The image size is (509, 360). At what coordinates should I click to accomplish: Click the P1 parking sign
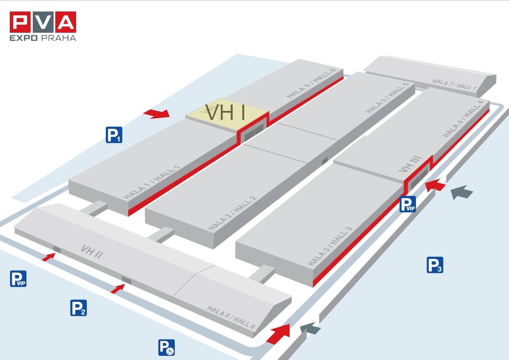pyautogui.click(x=114, y=135)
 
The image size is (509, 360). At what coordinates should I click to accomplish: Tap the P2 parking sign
pyautogui.click(x=79, y=308)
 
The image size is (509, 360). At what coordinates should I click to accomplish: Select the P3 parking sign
pyautogui.click(x=435, y=265)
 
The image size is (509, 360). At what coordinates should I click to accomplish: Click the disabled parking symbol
pyautogui.click(x=167, y=347)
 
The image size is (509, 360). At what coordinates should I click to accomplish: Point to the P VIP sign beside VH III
pyautogui.click(x=407, y=204)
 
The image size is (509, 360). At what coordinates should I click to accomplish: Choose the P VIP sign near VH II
pyautogui.click(x=18, y=278)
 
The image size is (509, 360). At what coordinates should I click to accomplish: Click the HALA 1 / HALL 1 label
pyautogui.click(x=151, y=182)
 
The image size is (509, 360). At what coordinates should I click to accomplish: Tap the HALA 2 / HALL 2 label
pyautogui.click(x=232, y=213)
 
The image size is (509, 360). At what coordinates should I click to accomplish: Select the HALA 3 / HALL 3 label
pyautogui.click(x=329, y=246)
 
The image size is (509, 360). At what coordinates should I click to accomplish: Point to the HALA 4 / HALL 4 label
pyautogui.click(x=463, y=119)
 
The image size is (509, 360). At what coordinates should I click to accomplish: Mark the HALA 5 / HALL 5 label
pyautogui.click(x=387, y=98)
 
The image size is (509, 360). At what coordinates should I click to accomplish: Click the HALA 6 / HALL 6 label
pyautogui.click(x=310, y=83)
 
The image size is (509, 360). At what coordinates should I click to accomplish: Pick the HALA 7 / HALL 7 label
pyautogui.click(x=455, y=84)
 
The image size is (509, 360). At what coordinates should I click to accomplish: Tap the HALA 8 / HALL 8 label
pyautogui.click(x=231, y=317)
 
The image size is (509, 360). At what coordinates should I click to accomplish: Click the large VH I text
pyautogui.click(x=225, y=112)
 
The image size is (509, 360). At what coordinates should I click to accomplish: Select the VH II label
pyautogui.click(x=92, y=251)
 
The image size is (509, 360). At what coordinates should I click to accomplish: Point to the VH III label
pyautogui.click(x=410, y=164)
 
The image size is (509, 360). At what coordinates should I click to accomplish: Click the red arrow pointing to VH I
pyautogui.click(x=156, y=113)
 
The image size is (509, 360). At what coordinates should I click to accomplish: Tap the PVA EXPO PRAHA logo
pyautogui.click(x=43, y=26)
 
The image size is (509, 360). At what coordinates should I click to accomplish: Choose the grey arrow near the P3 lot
pyautogui.click(x=462, y=192)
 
